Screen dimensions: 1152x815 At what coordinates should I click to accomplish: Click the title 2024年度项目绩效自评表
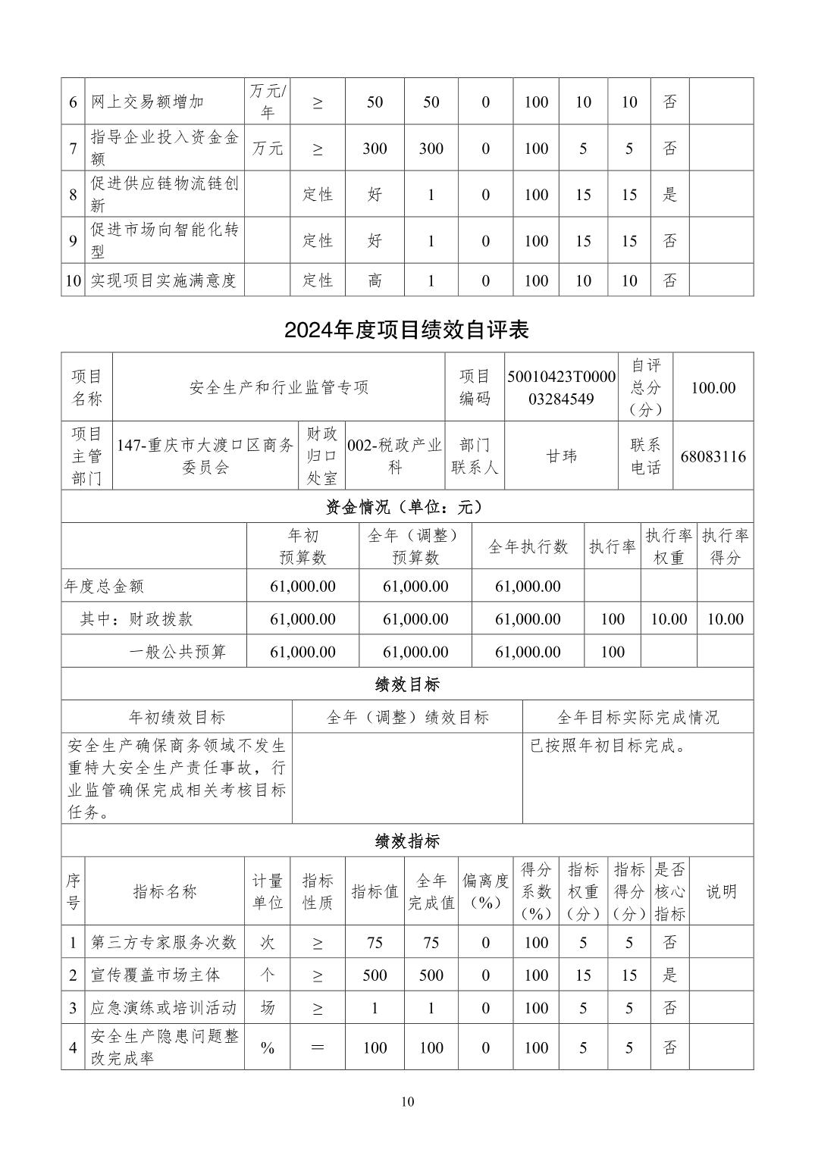407,330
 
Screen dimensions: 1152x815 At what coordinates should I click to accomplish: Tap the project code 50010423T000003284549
561,387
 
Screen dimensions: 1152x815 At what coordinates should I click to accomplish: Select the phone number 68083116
713,456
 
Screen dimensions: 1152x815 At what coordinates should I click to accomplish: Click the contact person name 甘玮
561,456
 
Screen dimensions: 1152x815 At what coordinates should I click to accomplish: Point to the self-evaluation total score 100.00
713,387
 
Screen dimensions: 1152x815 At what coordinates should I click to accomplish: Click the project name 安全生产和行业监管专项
278,387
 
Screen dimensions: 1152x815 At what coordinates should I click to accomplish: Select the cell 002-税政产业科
394,456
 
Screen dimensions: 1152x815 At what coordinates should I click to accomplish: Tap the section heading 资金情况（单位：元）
407,507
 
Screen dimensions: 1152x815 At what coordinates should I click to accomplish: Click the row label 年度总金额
104,586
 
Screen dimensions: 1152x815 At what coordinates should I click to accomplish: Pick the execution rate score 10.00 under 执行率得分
725,619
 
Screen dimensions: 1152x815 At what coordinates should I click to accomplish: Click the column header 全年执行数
528,546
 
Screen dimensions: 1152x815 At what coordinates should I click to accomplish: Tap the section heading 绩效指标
407,841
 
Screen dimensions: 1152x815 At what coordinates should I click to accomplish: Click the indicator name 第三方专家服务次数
164,942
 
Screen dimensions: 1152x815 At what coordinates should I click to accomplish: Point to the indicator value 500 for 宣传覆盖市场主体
375,975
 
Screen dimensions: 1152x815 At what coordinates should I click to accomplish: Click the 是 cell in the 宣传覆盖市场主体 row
669,975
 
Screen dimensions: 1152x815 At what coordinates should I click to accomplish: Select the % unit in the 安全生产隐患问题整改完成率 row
267,1048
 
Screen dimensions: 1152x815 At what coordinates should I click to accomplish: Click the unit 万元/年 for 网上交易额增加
267,102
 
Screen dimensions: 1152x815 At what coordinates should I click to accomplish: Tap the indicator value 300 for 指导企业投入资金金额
375,149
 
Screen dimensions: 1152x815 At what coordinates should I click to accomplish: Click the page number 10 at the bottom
408,1102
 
